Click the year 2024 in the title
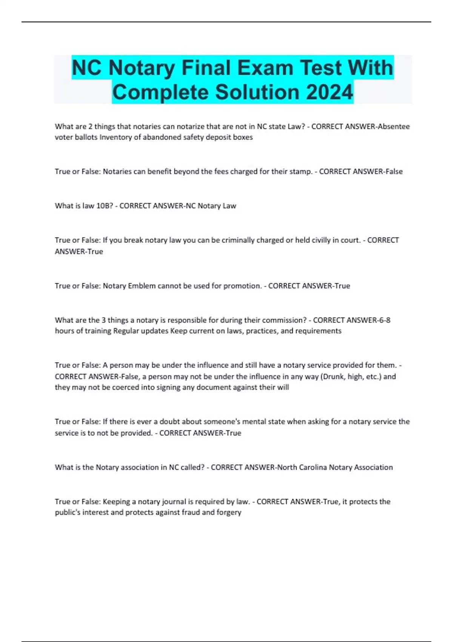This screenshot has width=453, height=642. tap(330, 92)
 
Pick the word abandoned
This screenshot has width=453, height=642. tap(159, 137)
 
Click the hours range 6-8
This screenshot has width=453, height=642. tap(384, 320)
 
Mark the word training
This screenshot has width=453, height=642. tap(98, 331)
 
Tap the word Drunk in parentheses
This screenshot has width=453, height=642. tap(332, 377)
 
